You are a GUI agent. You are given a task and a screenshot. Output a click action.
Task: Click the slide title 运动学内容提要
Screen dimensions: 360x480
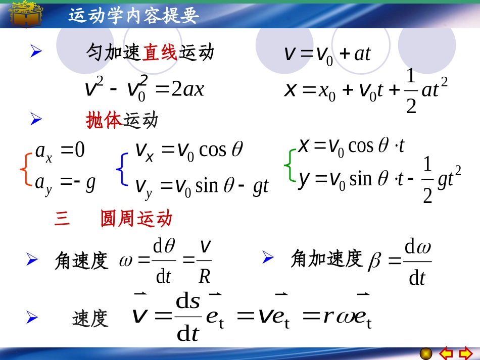pos(133,16)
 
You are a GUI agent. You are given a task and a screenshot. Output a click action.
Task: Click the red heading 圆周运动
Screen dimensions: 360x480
pos(136,219)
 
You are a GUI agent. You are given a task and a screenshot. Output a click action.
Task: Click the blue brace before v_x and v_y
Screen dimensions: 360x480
pos(121,169)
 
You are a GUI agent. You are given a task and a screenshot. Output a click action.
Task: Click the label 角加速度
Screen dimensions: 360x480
pos(327,259)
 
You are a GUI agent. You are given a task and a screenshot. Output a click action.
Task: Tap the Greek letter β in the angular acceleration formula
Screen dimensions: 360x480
pos(374,261)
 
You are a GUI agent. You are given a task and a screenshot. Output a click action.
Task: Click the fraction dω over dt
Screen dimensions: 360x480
pos(418,263)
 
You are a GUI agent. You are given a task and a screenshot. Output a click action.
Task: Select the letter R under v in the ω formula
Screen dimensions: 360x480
pos(204,276)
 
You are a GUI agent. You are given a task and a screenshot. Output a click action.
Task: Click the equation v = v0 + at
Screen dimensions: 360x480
pos(327,54)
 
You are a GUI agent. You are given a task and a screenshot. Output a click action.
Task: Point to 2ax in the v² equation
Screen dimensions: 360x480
pos(187,90)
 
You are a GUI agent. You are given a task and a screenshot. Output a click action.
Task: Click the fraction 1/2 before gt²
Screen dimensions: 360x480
pos(427,180)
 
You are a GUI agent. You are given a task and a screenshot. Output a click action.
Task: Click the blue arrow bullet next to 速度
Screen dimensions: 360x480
pos(32,318)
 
